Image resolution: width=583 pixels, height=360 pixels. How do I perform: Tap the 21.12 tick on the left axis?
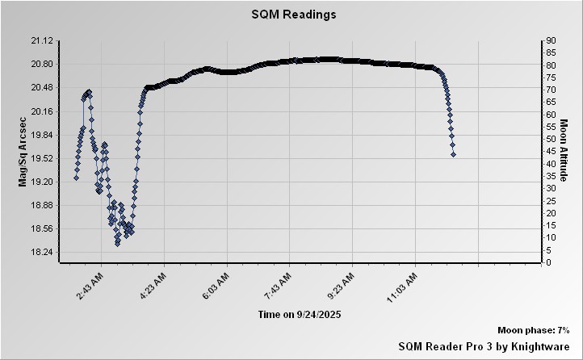pos(41,40)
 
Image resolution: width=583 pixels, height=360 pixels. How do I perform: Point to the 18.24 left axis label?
pos(41,253)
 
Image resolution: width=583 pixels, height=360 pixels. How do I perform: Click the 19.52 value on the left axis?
pos(41,158)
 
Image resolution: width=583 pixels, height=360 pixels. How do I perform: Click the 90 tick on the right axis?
pos(549,40)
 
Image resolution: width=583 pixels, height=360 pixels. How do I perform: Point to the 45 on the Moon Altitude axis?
pos(549,151)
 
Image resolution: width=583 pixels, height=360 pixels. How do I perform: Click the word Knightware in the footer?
pos(540,345)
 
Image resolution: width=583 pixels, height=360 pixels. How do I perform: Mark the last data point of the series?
pos(453,153)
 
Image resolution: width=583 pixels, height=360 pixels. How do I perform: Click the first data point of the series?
pos(76,178)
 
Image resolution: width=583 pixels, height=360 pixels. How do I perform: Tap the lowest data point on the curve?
pos(117,242)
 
